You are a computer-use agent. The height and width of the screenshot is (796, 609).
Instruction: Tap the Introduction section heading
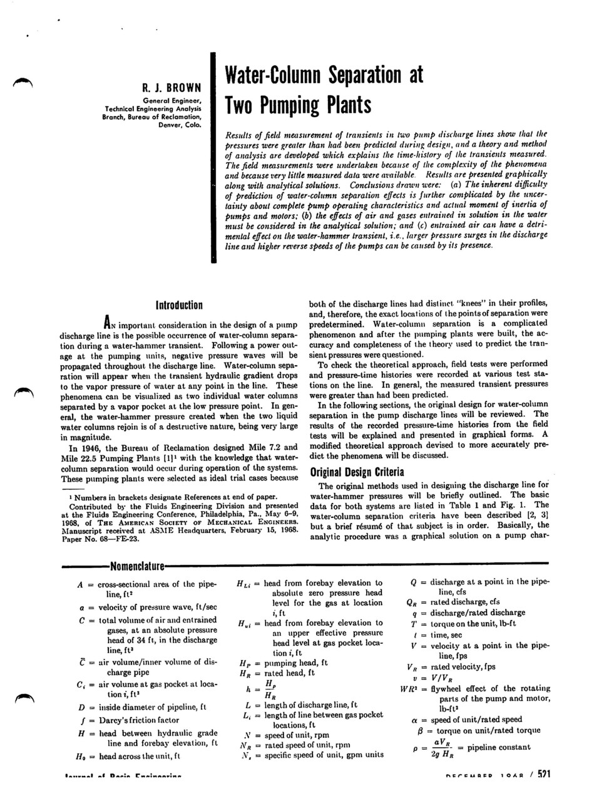(179, 305)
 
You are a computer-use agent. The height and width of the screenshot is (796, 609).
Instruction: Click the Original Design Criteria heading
(357, 472)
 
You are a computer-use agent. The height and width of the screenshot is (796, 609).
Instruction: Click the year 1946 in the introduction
(95, 448)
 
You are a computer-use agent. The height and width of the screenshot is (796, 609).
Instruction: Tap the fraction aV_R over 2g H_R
(442, 748)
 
